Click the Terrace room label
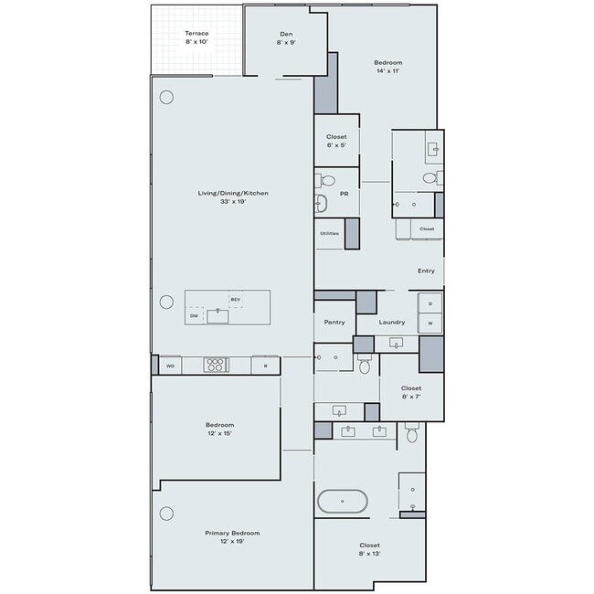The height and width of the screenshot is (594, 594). [x=196, y=37]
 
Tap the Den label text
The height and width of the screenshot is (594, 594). [x=285, y=37]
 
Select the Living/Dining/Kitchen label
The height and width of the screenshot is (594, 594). [x=233, y=196]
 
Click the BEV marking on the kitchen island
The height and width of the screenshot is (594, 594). [x=235, y=300]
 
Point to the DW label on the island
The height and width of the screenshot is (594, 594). [x=194, y=316]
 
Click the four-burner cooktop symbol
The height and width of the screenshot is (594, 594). [x=216, y=365]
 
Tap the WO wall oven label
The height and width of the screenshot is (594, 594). [x=170, y=366]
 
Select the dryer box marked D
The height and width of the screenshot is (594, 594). [x=430, y=303]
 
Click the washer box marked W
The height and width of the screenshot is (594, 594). [x=430, y=323]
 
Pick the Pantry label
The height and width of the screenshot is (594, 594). [x=334, y=322]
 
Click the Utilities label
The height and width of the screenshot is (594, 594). [x=329, y=233]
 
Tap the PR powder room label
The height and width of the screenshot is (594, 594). [x=344, y=194]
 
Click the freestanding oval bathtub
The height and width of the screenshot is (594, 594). [x=343, y=502]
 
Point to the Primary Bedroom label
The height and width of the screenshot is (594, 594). [x=233, y=536]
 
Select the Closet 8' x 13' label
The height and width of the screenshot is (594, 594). [x=369, y=549]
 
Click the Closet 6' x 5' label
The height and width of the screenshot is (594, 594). [x=336, y=141]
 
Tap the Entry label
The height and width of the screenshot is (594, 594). [x=426, y=270]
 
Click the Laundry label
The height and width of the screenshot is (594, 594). [x=391, y=322]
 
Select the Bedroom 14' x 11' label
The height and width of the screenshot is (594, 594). [x=388, y=67]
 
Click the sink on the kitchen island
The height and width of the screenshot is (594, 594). [x=217, y=316]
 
